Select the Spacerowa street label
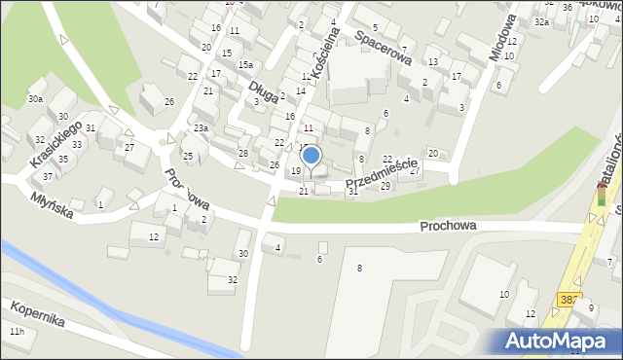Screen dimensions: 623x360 [378, 40]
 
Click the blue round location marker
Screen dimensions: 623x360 [311, 155]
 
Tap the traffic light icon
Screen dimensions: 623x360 [601, 193]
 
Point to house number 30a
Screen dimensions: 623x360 [35, 99]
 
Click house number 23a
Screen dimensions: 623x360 [201, 128]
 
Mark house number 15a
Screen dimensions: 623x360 [246, 65]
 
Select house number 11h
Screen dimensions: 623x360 [17, 333]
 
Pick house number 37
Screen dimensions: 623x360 [47, 176]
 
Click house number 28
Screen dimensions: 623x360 [243, 154]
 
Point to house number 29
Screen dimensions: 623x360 [385, 186]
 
